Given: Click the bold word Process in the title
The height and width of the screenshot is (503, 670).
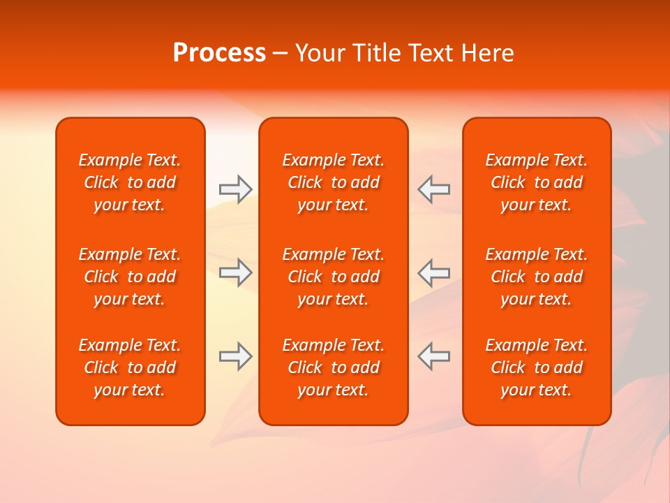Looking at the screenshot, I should click(x=219, y=53).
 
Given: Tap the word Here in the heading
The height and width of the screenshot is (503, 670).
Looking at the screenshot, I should click(x=487, y=53).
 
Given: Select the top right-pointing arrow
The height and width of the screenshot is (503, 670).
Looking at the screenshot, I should click(x=235, y=189).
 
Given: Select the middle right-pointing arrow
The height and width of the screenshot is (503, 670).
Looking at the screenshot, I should click(x=235, y=272).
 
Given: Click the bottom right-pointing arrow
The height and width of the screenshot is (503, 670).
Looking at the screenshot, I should click(x=235, y=356).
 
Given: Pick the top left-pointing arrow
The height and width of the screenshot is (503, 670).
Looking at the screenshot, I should click(x=433, y=189).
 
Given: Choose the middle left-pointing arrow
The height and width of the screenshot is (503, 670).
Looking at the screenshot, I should click(x=433, y=272).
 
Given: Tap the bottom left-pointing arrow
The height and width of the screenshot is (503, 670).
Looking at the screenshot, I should click(x=433, y=356).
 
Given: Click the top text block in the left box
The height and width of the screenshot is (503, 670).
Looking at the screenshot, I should click(x=130, y=182).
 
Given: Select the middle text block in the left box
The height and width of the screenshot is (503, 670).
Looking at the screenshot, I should click(x=130, y=277).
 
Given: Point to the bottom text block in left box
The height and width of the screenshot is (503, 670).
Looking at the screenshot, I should click(x=130, y=367).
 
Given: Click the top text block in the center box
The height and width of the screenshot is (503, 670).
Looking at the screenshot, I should click(x=333, y=182).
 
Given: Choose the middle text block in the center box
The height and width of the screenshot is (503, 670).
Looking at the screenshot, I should click(x=333, y=277).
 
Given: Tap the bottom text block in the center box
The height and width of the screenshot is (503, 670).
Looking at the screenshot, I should click(x=333, y=367).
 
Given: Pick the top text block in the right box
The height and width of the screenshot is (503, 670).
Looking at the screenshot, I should click(x=536, y=182).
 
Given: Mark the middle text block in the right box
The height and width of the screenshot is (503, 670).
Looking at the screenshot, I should click(x=536, y=277).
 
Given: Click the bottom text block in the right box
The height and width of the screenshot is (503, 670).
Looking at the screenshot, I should click(x=536, y=367).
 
